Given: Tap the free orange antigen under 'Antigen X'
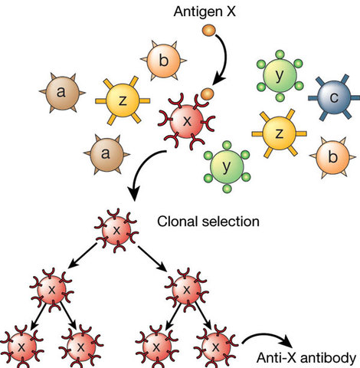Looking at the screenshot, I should [207, 31].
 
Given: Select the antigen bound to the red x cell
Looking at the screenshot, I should [206, 95].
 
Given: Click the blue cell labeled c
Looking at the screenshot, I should [330, 97].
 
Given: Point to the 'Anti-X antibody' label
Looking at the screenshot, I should [307, 356].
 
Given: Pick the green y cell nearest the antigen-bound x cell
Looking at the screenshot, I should [225, 164].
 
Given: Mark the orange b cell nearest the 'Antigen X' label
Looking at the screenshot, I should [157, 58].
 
